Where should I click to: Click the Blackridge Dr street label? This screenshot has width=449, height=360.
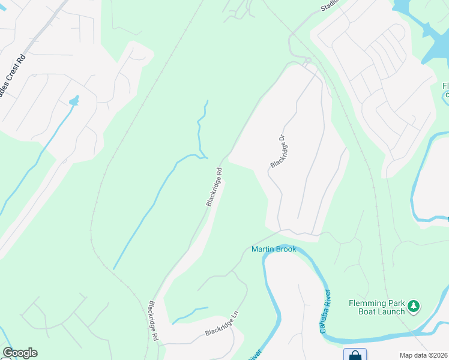tap(277, 151)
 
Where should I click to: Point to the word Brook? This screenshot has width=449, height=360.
tap(286, 249)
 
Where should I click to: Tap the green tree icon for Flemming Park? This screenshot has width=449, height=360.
tap(413, 307)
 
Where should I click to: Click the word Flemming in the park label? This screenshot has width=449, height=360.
tap(369, 303)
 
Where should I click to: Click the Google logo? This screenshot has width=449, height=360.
tap(20, 353)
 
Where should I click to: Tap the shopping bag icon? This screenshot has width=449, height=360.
tap(355, 355)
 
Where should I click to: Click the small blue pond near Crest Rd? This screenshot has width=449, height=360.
tap(74, 101)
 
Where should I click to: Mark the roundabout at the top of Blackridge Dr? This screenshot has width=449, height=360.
tap(307, 60)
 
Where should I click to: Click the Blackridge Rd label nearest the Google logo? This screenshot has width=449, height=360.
tap(152, 322)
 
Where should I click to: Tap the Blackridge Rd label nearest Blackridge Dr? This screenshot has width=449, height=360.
tap(215, 187)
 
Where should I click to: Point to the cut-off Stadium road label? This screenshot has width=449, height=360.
tap(330, 5)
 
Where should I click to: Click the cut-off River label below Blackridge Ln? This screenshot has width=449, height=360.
tap(254, 355)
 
